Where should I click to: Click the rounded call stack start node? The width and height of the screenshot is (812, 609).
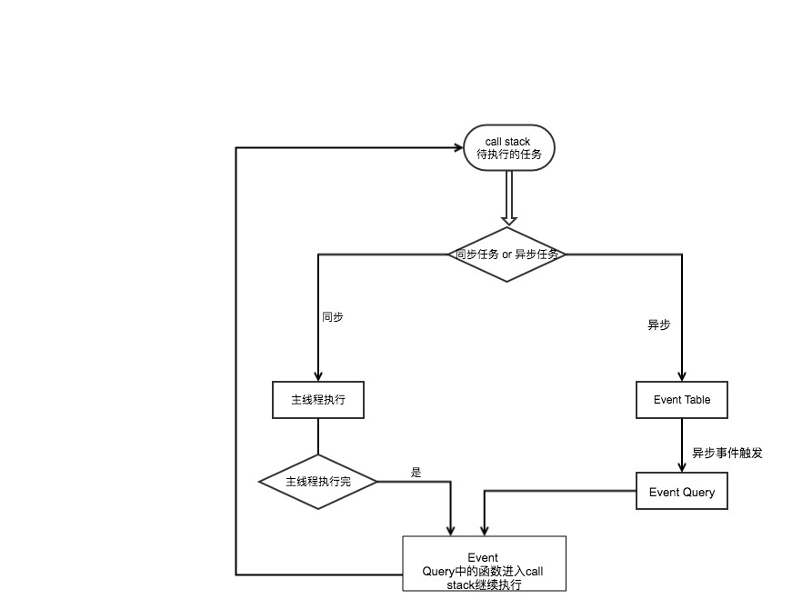(509, 147)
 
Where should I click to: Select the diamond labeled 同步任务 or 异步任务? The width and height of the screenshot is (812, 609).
(507, 255)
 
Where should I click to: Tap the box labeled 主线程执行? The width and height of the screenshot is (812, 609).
(318, 400)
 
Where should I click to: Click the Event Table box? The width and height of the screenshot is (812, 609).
(681, 400)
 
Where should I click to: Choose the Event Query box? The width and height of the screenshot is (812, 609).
(681, 491)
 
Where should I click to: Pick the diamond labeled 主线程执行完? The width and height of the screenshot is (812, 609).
(318, 482)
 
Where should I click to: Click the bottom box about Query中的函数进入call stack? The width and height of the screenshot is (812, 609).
(484, 564)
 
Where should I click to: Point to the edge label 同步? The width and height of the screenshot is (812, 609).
(333, 317)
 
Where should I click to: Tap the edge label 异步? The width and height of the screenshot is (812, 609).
(658, 324)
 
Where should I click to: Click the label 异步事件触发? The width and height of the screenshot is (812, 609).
(727, 453)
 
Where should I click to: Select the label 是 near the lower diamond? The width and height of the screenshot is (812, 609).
(416, 472)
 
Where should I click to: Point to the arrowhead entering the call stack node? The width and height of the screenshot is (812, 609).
(458, 148)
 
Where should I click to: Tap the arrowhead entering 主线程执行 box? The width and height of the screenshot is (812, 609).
(318, 376)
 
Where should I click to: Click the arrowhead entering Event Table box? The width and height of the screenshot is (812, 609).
(681, 376)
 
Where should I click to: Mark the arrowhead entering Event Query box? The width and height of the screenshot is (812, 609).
(681, 467)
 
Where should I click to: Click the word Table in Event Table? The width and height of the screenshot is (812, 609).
(697, 400)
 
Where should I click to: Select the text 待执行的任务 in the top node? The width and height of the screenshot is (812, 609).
(509, 155)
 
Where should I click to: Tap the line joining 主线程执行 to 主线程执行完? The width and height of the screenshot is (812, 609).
(318, 436)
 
